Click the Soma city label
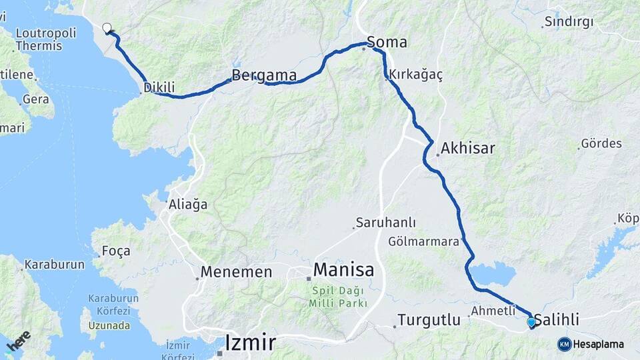(x=387, y=43)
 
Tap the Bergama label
(x=264, y=75)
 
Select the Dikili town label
(x=160, y=87)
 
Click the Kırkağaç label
(x=416, y=75)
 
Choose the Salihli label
(x=557, y=321)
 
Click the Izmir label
(x=250, y=343)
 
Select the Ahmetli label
(x=493, y=311)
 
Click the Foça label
(x=115, y=251)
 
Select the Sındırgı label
(x=569, y=22)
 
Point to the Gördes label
(x=601, y=143)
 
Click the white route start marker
(x=107, y=28)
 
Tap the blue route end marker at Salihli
(x=531, y=323)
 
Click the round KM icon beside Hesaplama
(x=564, y=344)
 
